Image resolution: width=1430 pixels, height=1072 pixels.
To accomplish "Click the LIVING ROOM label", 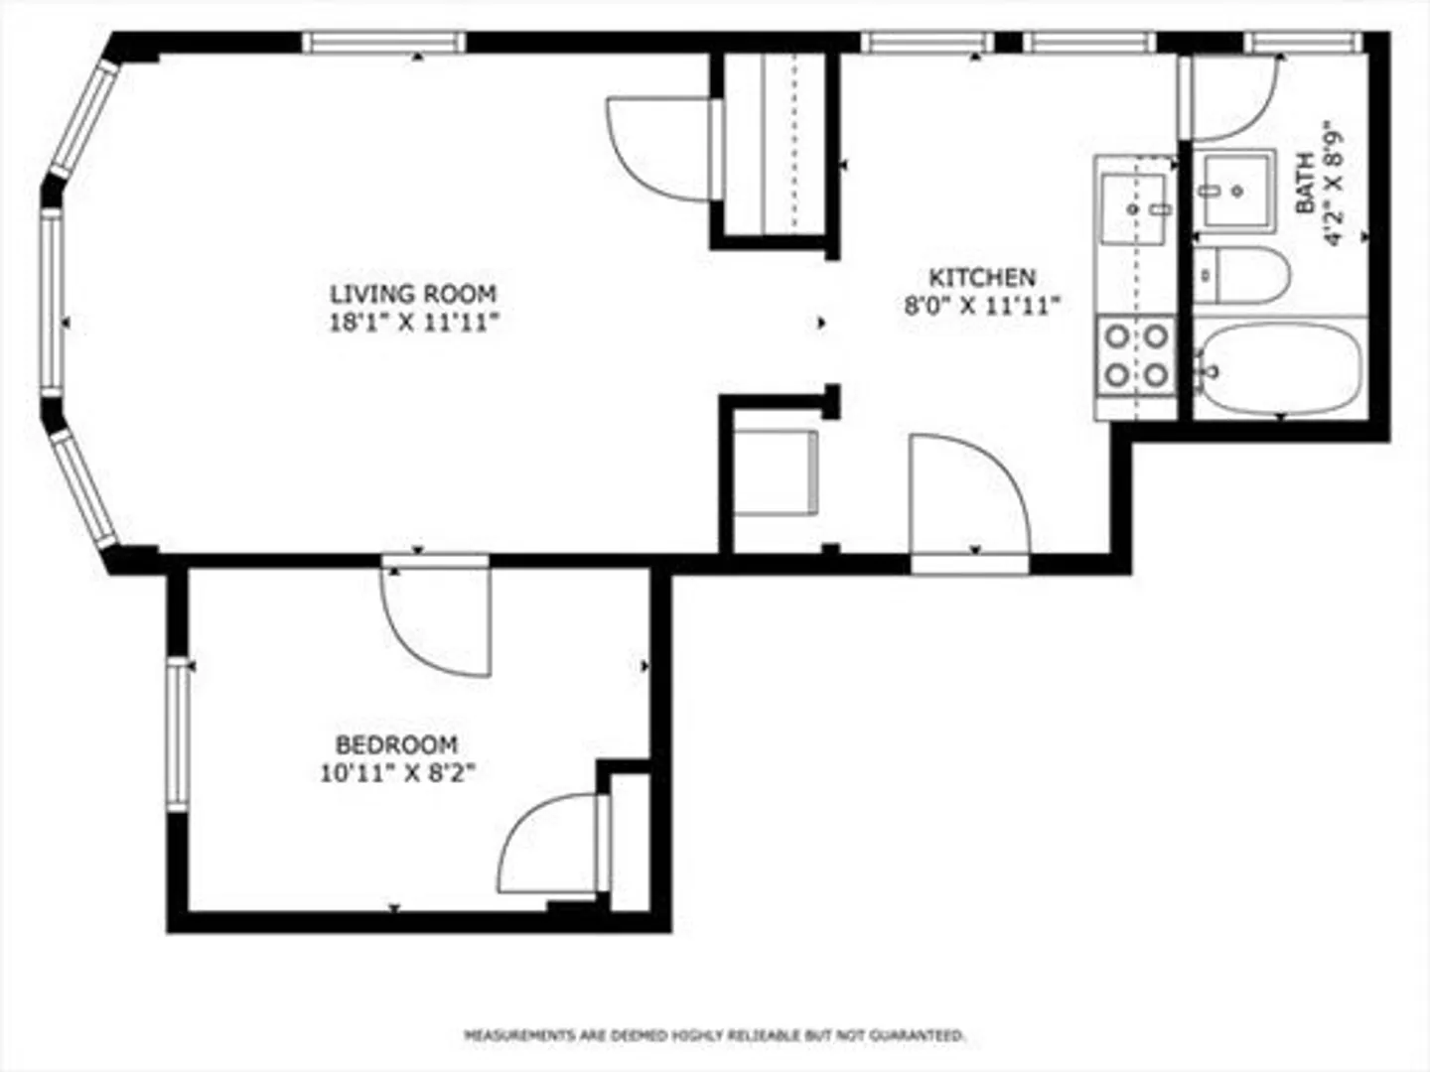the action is pos(413,294).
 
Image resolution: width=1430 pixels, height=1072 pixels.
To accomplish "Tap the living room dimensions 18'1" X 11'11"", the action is pos(413,323).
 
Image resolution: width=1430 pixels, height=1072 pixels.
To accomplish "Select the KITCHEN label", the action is pos(982,278).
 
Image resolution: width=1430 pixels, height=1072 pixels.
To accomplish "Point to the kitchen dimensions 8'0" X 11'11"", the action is pos(982,306).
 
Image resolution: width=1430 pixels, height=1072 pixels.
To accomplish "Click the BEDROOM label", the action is pos(396,744).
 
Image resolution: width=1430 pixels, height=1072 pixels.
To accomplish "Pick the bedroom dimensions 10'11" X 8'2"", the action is pos(397,774).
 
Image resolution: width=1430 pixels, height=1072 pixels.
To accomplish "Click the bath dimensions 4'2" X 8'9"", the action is pos(1334,190).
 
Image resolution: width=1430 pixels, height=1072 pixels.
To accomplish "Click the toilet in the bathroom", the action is pos(1242,275).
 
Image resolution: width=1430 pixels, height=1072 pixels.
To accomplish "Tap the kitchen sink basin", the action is pos(1133,208).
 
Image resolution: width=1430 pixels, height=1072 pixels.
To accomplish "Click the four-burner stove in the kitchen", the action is pos(1137,355).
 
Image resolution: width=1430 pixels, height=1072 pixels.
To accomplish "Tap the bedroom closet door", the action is pos(554,844).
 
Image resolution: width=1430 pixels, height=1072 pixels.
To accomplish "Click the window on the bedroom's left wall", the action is pos(177,735).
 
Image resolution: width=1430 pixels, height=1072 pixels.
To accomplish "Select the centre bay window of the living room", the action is pos(52,302).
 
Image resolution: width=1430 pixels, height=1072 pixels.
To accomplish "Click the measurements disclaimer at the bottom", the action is pos(714,1035).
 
